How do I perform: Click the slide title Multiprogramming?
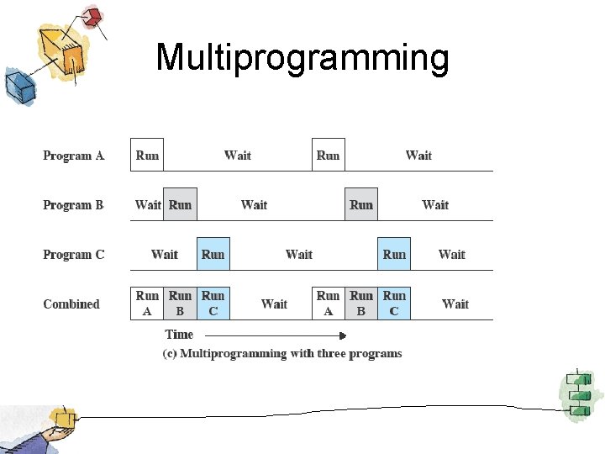click(302, 58)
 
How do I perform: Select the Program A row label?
click(74, 156)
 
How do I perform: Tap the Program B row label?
click(74, 205)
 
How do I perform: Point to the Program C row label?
click(74, 255)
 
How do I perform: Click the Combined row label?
click(71, 304)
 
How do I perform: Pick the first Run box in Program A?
click(147, 155)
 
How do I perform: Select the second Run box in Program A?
click(328, 155)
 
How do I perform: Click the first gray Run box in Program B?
click(180, 204)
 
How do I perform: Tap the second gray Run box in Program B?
click(361, 204)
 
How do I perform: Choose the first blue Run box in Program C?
click(213, 254)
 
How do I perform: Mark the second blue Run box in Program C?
click(394, 254)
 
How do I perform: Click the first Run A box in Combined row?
click(147, 304)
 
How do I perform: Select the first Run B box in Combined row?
click(180, 304)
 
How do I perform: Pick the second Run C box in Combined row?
click(394, 304)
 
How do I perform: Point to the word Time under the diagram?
click(179, 335)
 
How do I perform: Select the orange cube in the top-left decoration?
click(72, 61)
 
